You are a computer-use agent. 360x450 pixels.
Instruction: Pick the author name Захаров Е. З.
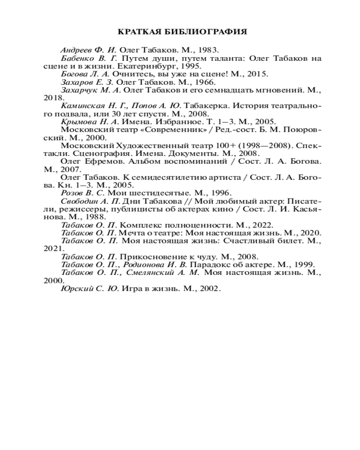87,82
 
